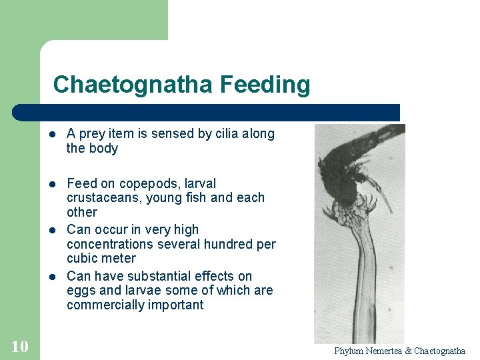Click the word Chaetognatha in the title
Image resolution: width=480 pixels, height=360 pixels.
point(133,85)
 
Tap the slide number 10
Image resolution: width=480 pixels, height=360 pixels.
point(19,346)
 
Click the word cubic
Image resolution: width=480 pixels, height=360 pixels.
point(81,259)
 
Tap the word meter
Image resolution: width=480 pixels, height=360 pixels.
point(119,259)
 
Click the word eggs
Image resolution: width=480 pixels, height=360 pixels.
point(80,291)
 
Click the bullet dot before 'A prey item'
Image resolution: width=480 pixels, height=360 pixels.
point(53,135)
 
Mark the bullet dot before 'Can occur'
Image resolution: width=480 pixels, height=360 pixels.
point(53,231)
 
